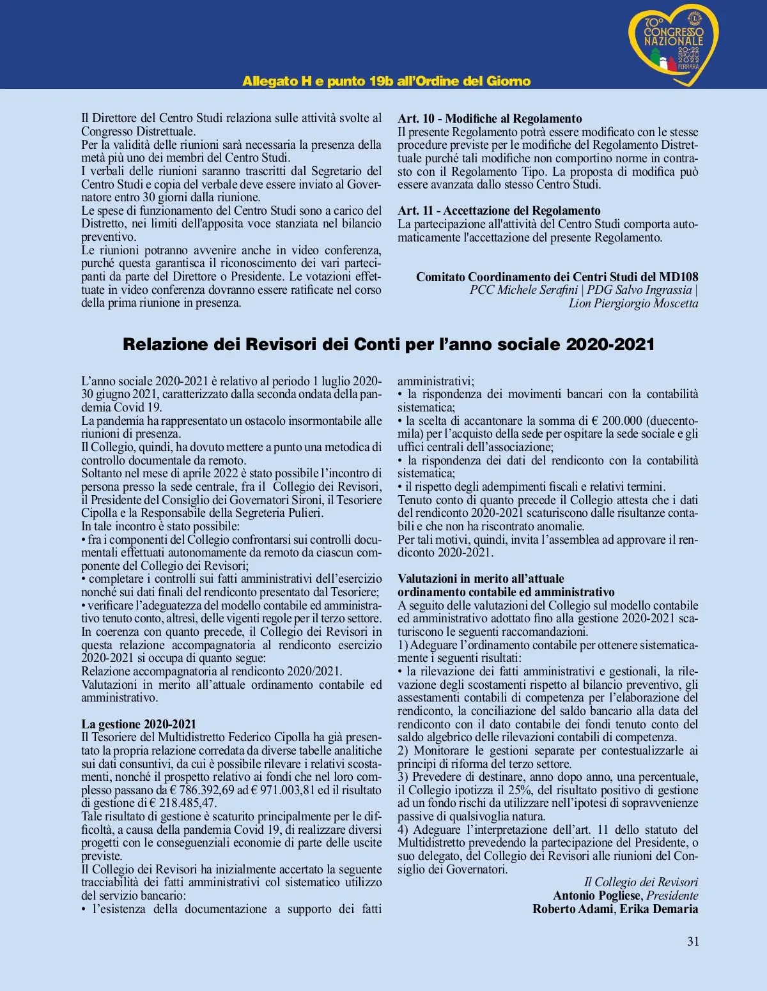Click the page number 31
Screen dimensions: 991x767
[x=693, y=941]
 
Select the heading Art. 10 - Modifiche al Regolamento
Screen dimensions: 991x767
[x=490, y=118]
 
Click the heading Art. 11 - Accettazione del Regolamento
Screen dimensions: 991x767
[x=499, y=210]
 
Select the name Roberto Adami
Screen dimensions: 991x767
[x=573, y=909]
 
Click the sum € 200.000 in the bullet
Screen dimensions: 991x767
[x=618, y=420]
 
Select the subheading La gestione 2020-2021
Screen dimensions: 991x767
[x=139, y=724]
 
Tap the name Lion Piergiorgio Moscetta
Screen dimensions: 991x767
[x=633, y=303]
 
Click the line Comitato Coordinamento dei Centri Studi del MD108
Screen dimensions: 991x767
[x=557, y=277]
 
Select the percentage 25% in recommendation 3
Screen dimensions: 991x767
[x=518, y=790]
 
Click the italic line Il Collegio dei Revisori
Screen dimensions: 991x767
[x=640, y=882]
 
